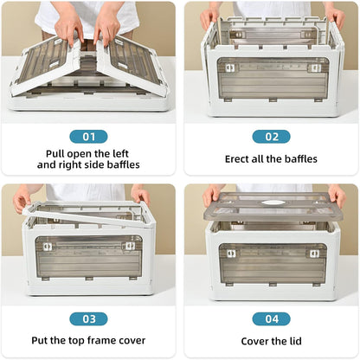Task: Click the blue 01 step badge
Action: [x=88, y=137]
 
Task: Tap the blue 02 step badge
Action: [x=271, y=137]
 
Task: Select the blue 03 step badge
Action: [x=88, y=318]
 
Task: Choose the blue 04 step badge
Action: [x=271, y=318]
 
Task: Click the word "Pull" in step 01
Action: [x=55, y=154]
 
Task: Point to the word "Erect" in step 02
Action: [x=237, y=159]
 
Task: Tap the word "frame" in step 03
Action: [x=101, y=340]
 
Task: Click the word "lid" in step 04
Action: [x=294, y=341]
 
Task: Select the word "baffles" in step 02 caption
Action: [x=301, y=159]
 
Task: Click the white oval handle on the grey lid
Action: [x=272, y=202]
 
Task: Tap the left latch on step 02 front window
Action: [x=230, y=67]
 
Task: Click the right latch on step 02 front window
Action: [x=314, y=68]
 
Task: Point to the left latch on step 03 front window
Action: [x=48, y=247]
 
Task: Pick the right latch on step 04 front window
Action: [x=314, y=254]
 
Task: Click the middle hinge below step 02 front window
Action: [x=273, y=100]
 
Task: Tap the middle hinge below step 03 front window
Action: [x=89, y=279]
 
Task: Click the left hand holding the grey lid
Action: [x=212, y=195]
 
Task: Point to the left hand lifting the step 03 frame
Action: [x=23, y=199]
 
